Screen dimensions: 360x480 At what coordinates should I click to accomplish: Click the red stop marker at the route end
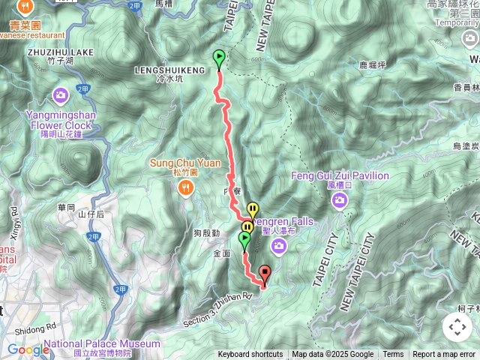coord(263,274)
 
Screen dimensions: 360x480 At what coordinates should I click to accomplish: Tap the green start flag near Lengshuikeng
coord(219,58)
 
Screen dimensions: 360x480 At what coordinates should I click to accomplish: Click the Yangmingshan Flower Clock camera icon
coord(60,95)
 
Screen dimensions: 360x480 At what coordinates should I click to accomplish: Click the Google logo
coord(28,349)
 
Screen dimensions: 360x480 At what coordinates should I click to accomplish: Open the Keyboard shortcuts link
coord(250,355)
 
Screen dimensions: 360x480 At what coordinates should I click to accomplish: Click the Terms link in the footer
coord(393,355)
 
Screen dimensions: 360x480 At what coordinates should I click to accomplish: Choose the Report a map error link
coord(445,355)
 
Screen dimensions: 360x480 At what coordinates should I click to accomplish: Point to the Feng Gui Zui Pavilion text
coord(340,176)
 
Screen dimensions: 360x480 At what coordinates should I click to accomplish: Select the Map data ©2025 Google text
coord(332,355)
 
